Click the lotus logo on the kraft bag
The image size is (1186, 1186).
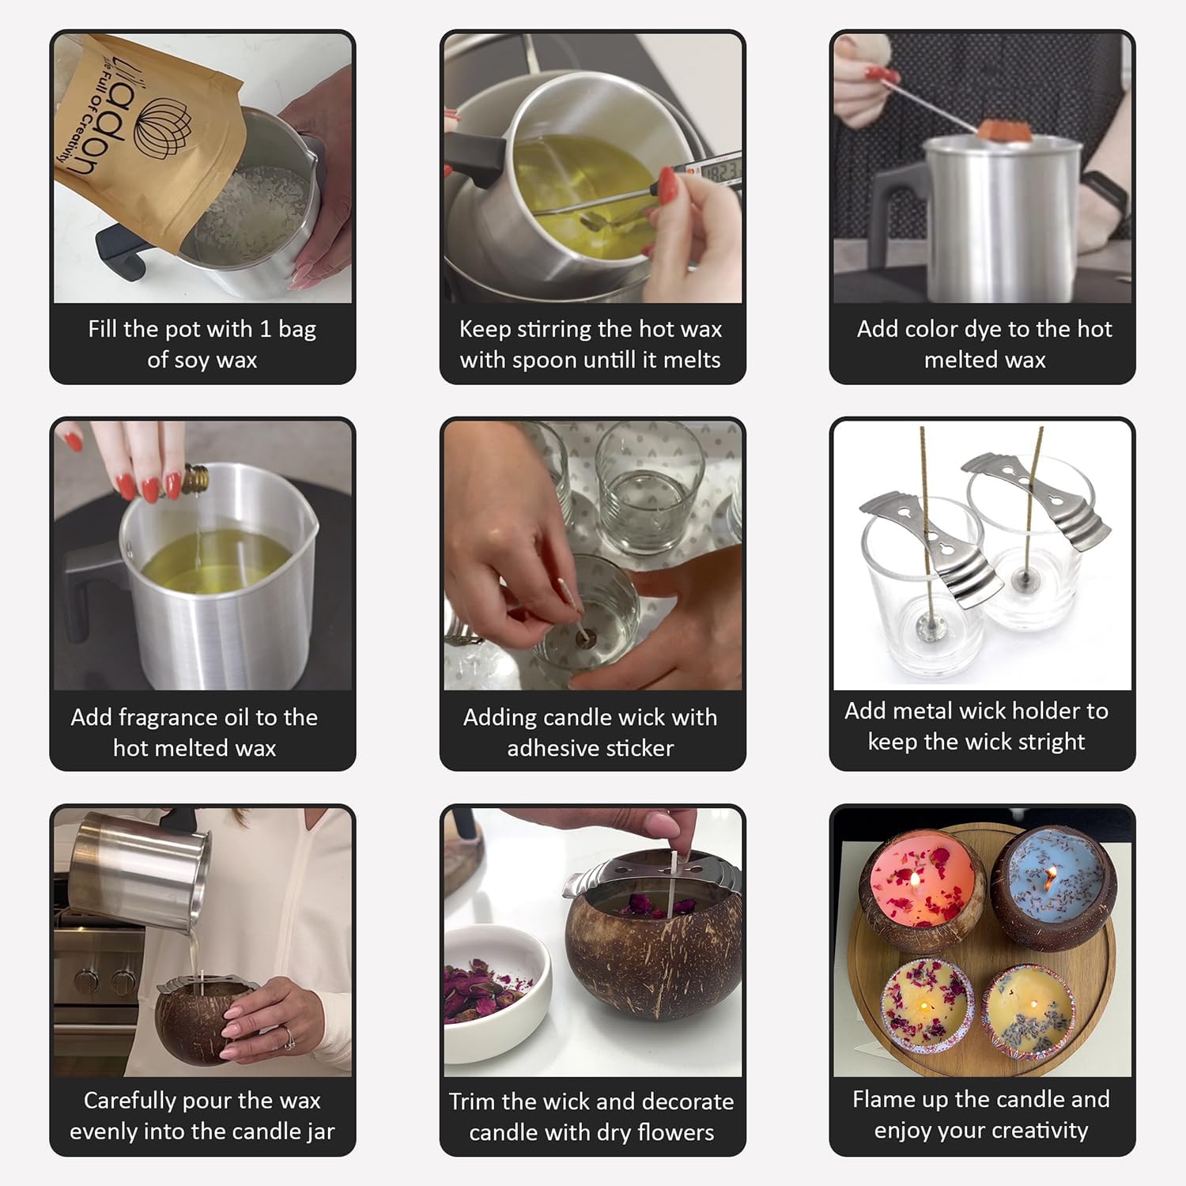pyautogui.click(x=163, y=127)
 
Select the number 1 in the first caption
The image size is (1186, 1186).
pyautogui.click(x=265, y=329)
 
